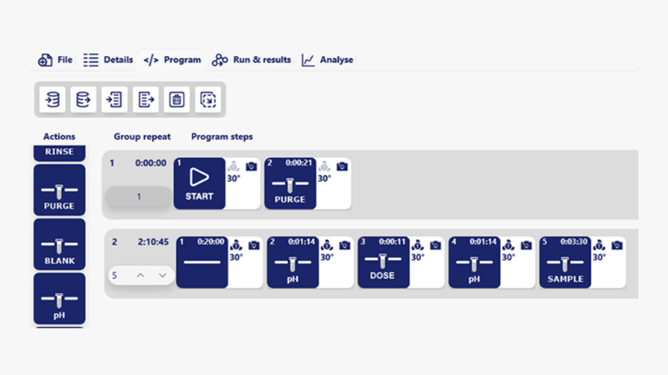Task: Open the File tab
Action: click(x=55, y=60)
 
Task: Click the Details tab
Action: click(x=108, y=60)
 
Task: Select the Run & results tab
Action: click(x=251, y=60)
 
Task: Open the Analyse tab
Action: click(x=328, y=60)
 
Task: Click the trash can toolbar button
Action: click(x=177, y=99)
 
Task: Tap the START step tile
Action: click(x=199, y=183)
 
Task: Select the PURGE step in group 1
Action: click(x=290, y=183)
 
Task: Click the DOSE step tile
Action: click(x=383, y=262)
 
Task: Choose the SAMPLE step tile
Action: click(x=565, y=262)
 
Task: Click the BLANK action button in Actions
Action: click(x=59, y=244)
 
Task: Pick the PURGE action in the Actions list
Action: click(x=59, y=190)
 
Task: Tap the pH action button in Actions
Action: click(x=59, y=298)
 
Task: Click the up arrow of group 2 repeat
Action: click(x=141, y=275)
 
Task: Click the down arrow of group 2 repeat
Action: click(x=162, y=275)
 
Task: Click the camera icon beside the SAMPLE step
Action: click(x=617, y=246)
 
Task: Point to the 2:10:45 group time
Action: click(x=153, y=242)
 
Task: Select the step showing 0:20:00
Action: click(x=202, y=262)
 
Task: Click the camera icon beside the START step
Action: click(x=251, y=167)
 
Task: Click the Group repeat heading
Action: click(x=142, y=137)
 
